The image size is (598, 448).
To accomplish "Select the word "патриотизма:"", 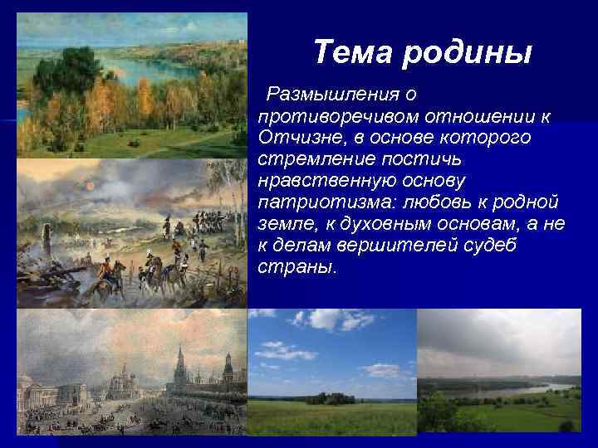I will coord(319,202).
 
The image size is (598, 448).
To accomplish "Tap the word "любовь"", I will coord(420,202).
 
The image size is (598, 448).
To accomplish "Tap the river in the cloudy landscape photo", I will coord(532,389).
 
